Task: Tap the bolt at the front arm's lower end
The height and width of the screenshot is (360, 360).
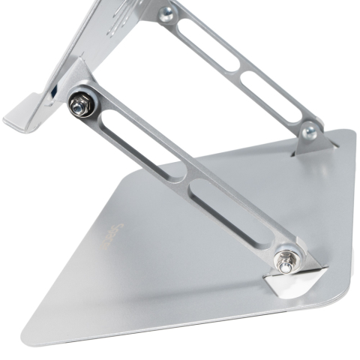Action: [284, 262]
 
